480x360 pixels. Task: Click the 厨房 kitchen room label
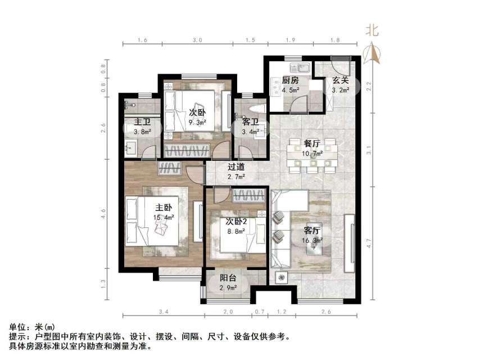coord(289,80)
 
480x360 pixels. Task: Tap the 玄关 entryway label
coord(339,80)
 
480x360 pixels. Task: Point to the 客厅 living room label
coord(312,231)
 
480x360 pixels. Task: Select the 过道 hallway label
coord(236,166)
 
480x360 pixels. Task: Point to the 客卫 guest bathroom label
coord(250,123)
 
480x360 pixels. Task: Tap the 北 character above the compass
coord(372,31)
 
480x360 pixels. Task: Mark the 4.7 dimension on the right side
coord(368,244)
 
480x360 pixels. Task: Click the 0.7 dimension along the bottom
coord(259,311)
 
